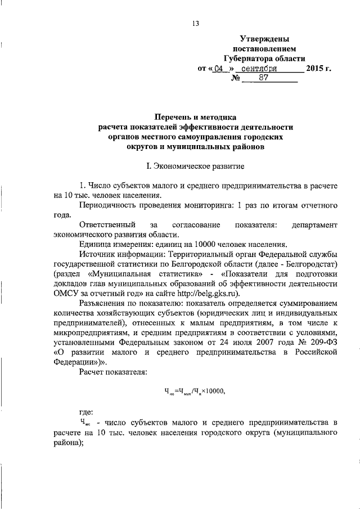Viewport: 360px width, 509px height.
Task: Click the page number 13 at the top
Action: [x=195, y=24]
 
